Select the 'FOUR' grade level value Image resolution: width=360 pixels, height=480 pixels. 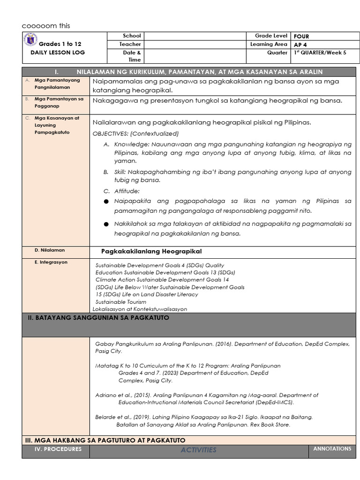[301, 36]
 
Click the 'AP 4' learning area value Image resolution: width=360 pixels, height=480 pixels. [300, 45]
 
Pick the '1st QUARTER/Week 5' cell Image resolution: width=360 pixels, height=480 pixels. [320, 53]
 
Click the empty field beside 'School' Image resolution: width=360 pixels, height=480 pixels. [195, 36]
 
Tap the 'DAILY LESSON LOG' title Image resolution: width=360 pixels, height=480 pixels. [58, 52]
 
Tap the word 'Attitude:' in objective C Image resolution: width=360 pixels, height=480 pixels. [127, 191]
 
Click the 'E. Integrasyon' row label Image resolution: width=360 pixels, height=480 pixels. [51, 262]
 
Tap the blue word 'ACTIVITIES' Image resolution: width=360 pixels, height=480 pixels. [199, 450]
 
